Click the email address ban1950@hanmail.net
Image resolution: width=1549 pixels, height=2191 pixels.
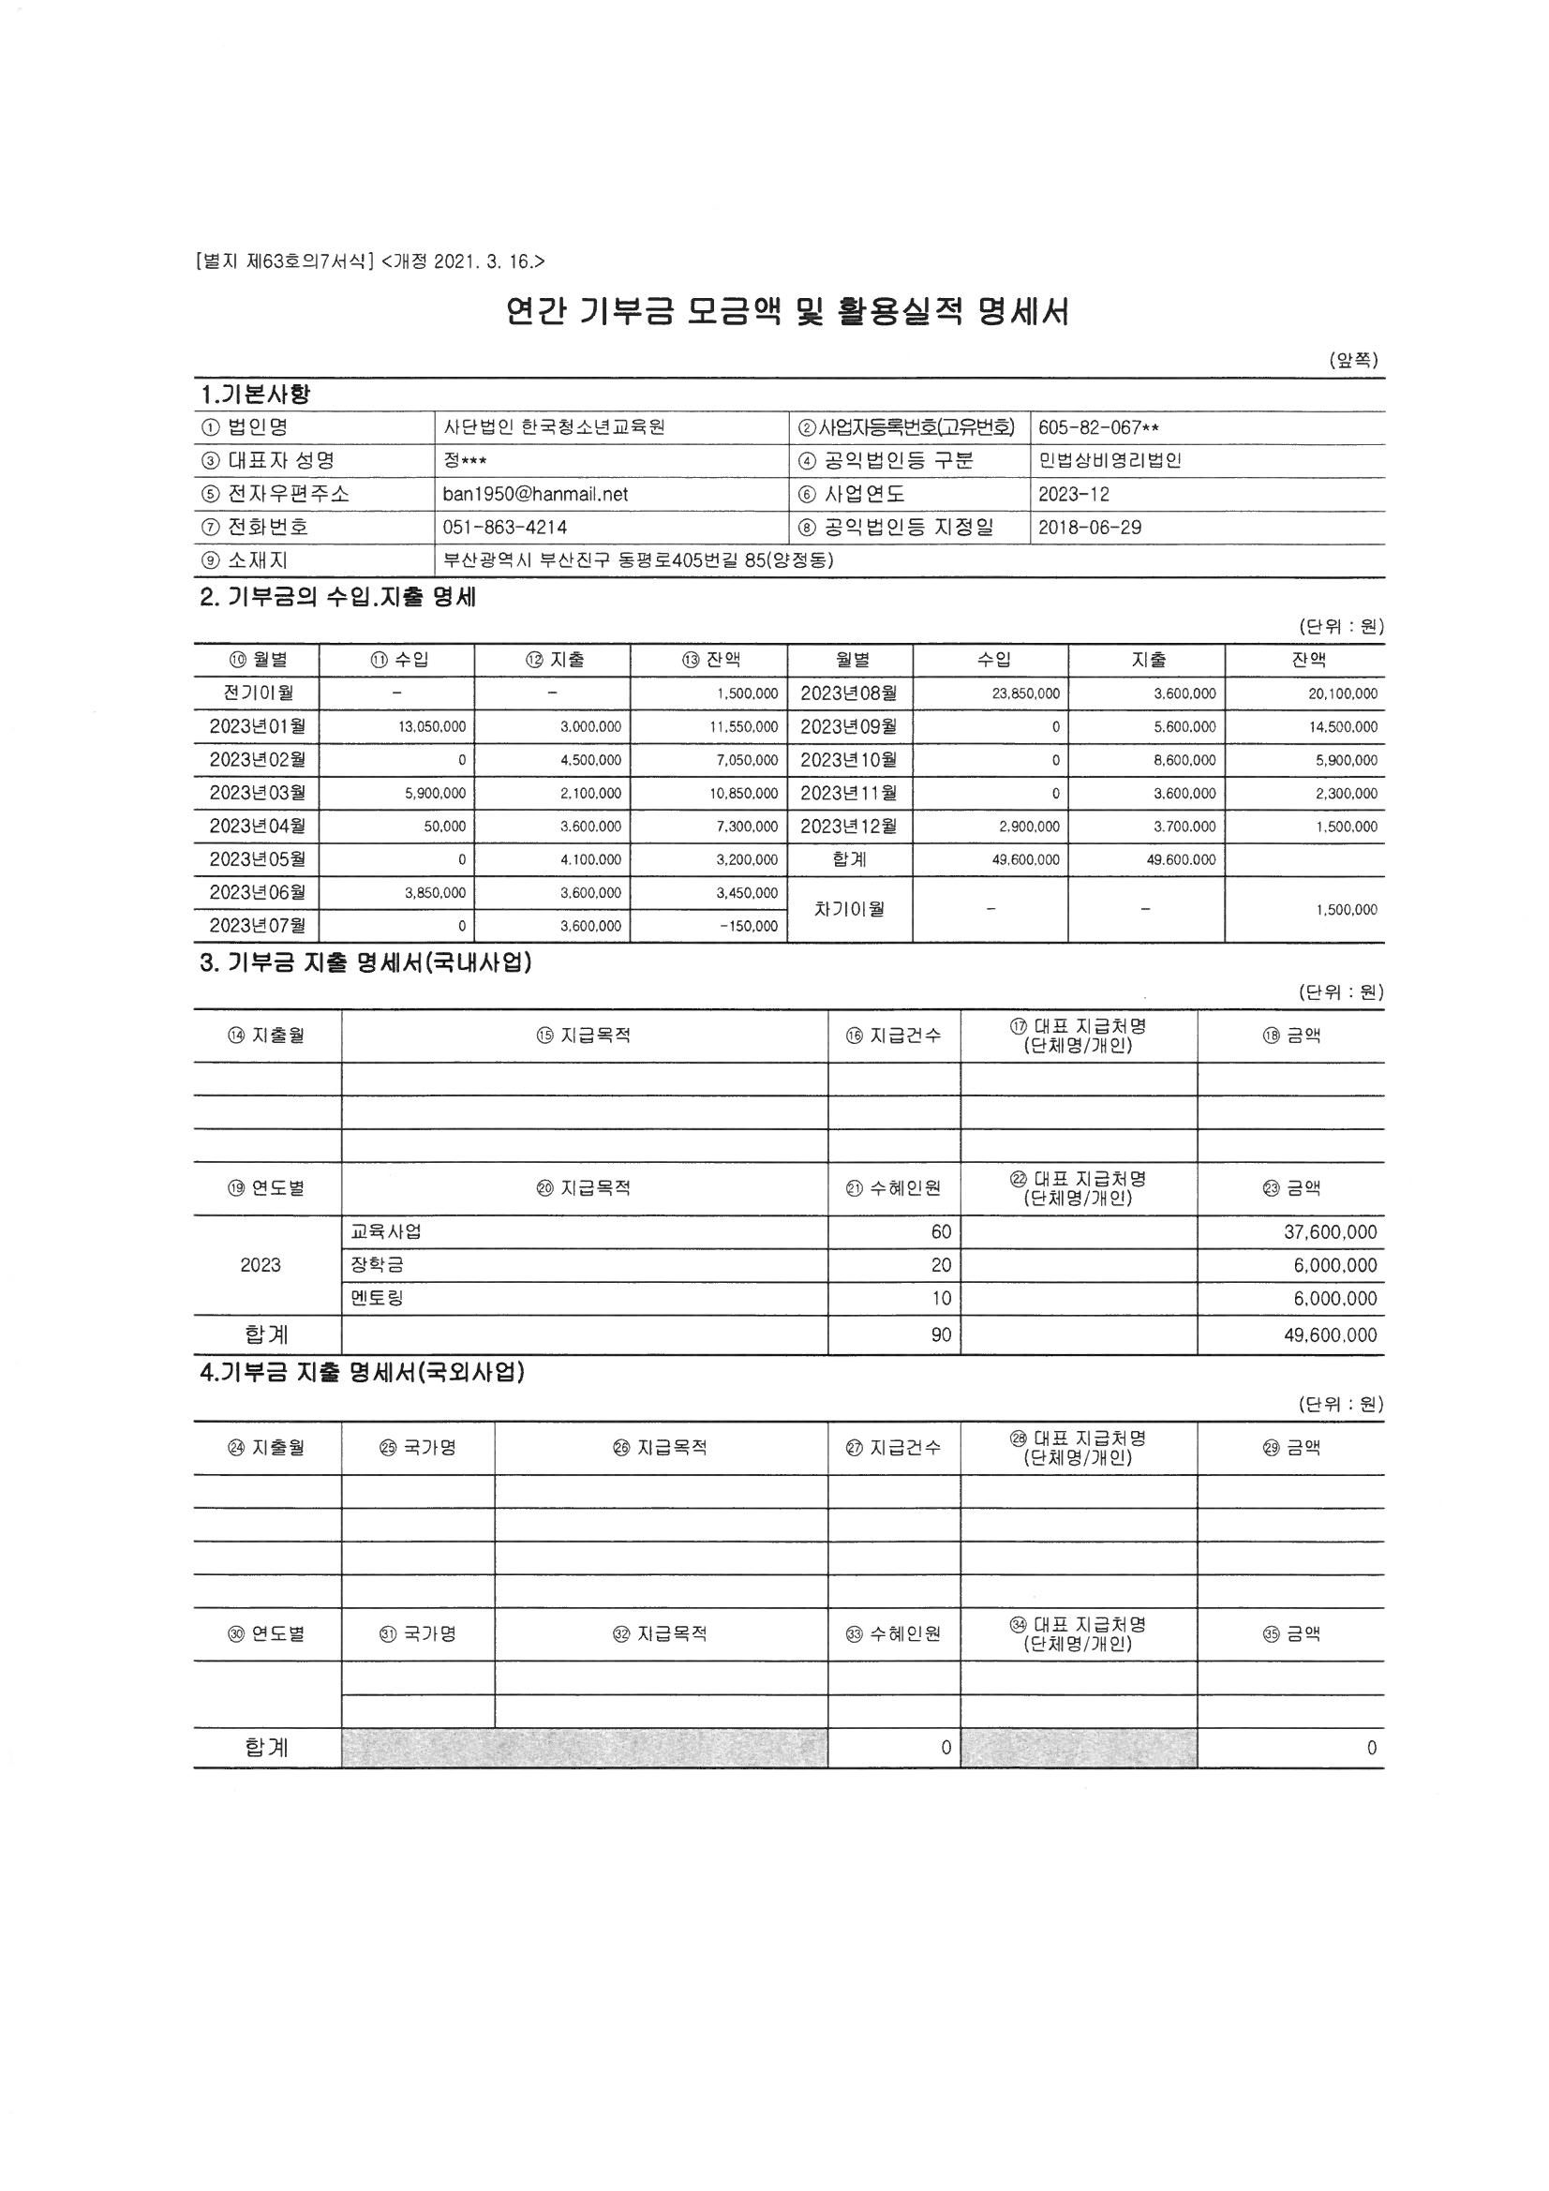point(535,494)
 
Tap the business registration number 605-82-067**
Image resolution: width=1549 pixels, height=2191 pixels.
point(1098,427)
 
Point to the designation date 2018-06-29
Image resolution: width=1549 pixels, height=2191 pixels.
point(1090,528)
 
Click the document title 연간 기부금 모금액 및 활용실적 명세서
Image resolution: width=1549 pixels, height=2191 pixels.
point(787,312)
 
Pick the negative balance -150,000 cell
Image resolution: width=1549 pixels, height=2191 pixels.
point(750,926)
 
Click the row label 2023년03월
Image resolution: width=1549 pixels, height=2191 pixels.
point(257,793)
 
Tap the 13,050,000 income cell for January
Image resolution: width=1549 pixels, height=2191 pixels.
point(431,727)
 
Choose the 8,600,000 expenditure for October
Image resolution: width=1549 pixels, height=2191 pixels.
point(1184,761)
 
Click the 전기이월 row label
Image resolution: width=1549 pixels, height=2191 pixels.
point(257,693)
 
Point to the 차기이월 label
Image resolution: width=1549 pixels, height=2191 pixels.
point(848,909)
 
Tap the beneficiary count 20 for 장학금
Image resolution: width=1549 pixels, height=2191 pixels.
point(941,1265)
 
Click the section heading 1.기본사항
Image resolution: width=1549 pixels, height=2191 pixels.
point(255,394)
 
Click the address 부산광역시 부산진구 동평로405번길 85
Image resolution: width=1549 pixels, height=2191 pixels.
point(638,561)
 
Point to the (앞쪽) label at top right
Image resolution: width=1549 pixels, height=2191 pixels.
point(1353,360)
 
